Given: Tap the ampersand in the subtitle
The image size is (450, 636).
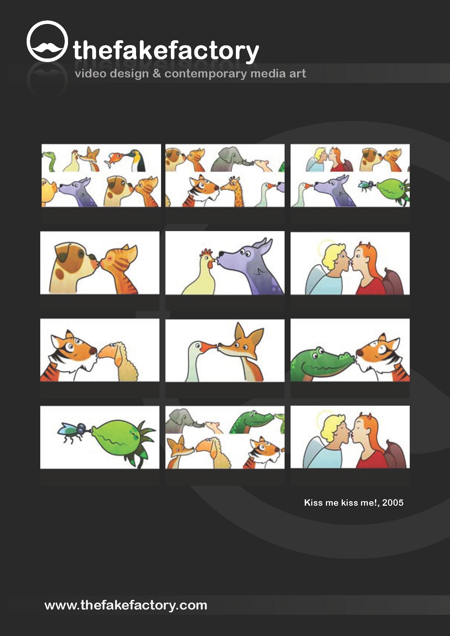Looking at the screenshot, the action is point(156,73).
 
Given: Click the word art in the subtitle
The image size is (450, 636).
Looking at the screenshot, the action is point(298,74).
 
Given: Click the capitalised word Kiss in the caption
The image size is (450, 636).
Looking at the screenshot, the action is point(313,502).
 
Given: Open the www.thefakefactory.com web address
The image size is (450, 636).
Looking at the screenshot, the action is point(126,605).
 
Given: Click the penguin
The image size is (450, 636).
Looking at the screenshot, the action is point(138,160).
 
